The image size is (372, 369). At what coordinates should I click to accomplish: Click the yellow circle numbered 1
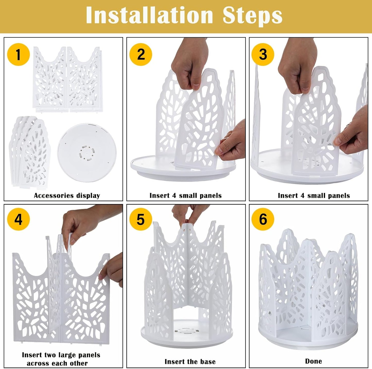click(x=19, y=54)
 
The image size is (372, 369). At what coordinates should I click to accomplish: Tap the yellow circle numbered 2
click(x=141, y=54)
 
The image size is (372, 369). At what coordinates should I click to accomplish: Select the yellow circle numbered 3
click(x=263, y=54)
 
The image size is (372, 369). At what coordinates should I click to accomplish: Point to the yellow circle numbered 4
click(x=19, y=219)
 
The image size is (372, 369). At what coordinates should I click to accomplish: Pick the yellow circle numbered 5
click(x=141, y=219)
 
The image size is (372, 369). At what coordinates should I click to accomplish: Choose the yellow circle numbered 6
click(x=263, y=219)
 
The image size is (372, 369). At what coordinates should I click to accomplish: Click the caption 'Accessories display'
click(x=67, y=196)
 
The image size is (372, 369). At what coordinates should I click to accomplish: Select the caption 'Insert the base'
click(x=190, y=362)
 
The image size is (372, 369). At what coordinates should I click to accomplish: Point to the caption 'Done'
click(x=314, y=361)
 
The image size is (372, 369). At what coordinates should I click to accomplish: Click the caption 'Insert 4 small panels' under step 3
click(x=314, y=196)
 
